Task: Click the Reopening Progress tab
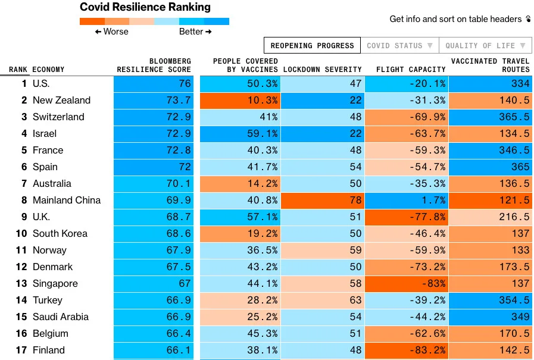(312, 46)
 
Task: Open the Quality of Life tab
(485, 46)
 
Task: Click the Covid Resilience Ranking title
(145, 8)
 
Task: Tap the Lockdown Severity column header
(322, 70)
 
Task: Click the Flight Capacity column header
(411, 70)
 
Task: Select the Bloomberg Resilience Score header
(154, 65)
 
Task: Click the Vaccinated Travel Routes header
(490, 65)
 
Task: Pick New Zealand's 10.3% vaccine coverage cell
(239, 101)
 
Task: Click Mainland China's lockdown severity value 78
(321, 201)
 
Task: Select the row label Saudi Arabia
(60, 317)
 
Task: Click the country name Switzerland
(58, 117)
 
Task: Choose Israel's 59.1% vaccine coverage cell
(239, 134)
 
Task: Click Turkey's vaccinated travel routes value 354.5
(491, 300)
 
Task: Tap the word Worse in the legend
(115, 32)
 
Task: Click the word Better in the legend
(191, 32)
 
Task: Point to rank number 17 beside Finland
(21, 350)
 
